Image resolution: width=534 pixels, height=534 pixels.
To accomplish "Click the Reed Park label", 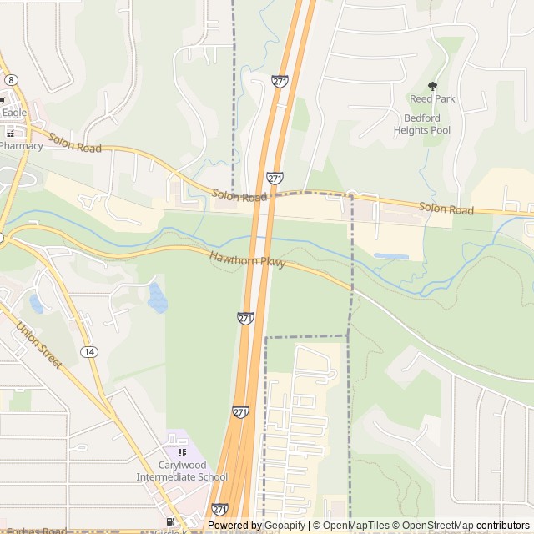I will tap(432, 98).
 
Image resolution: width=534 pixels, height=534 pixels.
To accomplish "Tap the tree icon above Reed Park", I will tap(432, 85).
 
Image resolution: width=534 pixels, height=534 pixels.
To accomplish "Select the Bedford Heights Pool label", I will tap(422, 124).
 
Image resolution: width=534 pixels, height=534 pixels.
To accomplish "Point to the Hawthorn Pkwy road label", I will tap(248, 260).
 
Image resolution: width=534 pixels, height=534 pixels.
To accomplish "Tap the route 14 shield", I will tap(88, 352).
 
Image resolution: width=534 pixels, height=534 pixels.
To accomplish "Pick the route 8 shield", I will tap(10, 78).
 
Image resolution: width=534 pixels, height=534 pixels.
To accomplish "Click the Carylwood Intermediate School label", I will tap(182, 471).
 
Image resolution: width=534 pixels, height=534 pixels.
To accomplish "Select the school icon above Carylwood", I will tap(182, 451).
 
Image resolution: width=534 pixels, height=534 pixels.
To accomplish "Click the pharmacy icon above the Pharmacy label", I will tap(12, 131).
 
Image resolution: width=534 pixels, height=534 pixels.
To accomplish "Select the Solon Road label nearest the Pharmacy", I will tap(75, 143).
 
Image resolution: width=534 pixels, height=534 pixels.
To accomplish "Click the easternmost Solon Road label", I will tap(446, 208).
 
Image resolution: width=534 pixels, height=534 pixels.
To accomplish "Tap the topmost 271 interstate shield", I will tap(280, 81).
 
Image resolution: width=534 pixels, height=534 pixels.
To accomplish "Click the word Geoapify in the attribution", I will tap(284, 526).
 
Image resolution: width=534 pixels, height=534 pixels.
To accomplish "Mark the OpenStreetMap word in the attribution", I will tap(438, 526).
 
